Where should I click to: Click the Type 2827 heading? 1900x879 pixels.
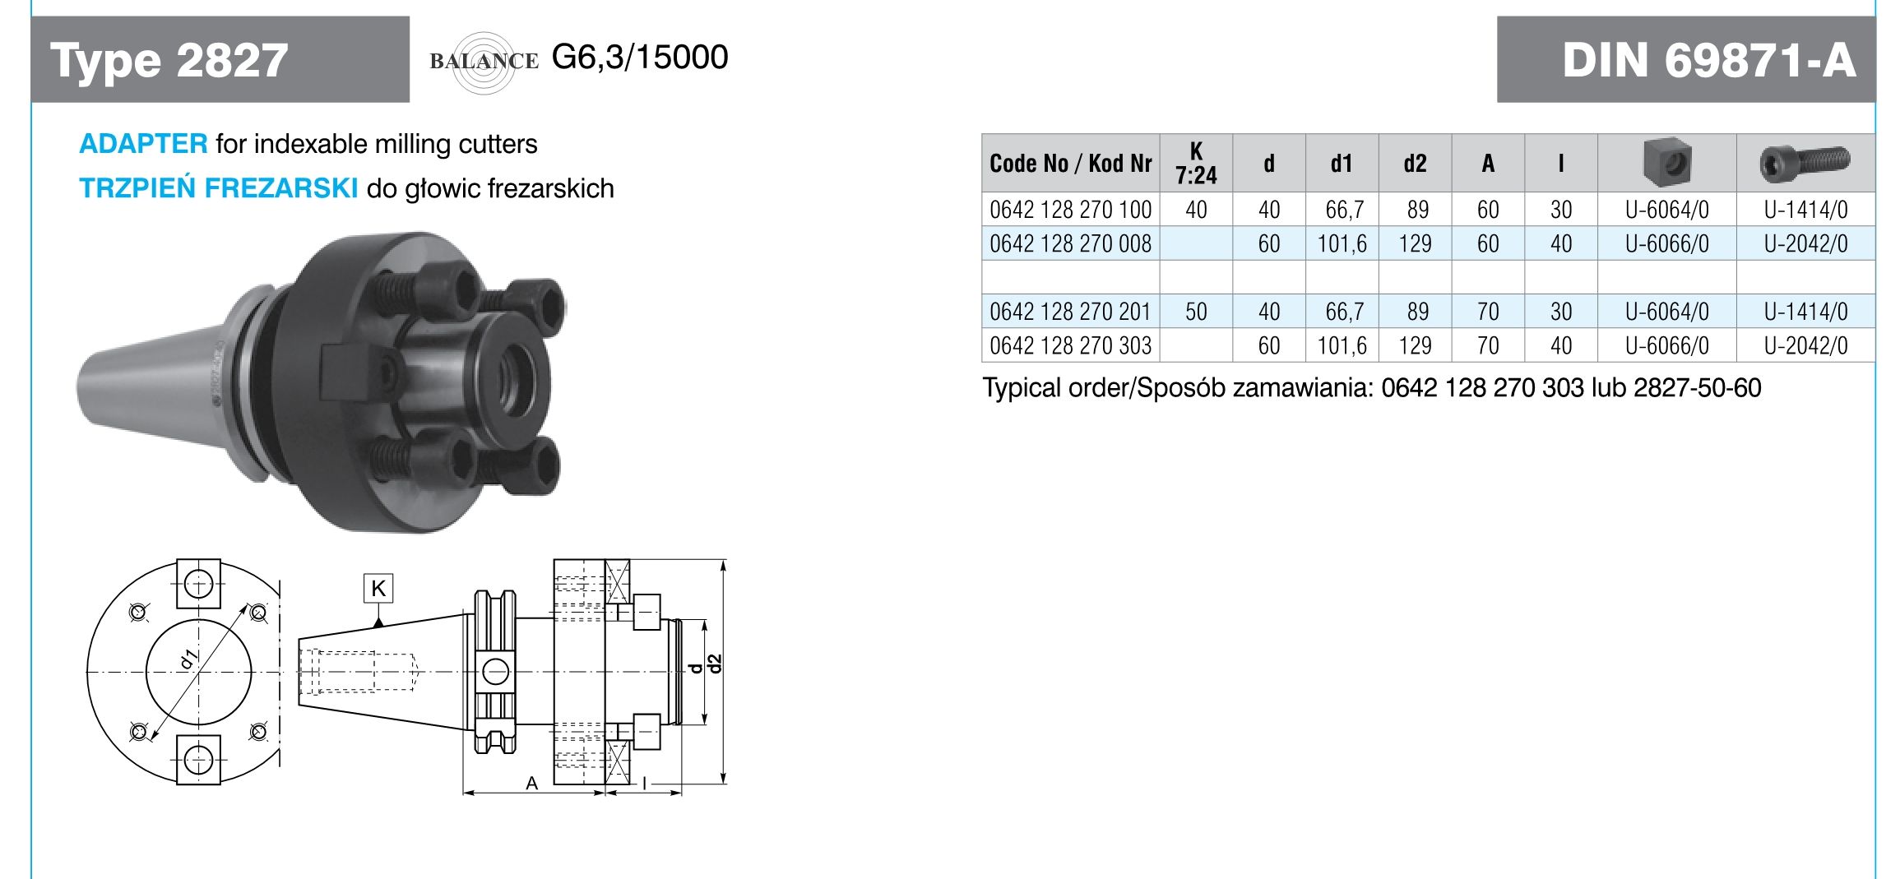coord(169,60)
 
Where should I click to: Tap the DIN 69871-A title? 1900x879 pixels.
coord(1708,60)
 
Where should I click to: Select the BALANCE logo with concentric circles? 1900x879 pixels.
coord(484,61)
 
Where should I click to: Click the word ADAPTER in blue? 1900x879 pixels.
coord(143,144)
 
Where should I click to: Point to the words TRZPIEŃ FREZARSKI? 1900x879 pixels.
coord(219,188)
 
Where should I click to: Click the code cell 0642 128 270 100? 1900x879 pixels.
coord(1070,210)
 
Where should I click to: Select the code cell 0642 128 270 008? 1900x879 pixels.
coord(1070,243)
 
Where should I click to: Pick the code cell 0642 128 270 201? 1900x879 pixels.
coord(1070,312)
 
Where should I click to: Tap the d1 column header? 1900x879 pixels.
coord(1342,163)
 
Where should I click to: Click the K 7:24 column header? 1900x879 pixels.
coord(1196,163)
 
